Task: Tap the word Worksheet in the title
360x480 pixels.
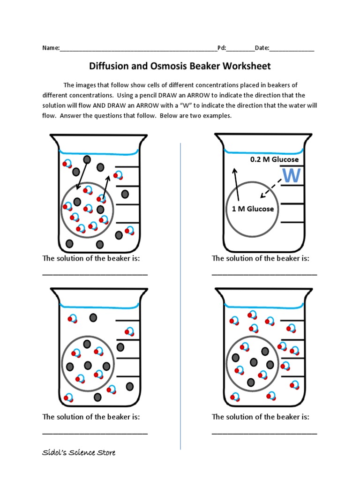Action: point(247,66)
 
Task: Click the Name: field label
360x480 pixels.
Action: point(51,48)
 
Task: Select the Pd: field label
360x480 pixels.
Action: point(222,48)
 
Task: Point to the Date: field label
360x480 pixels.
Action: point(262,48)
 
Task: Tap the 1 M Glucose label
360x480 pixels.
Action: point(253,209)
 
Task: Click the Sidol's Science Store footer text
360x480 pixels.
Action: point(79,452)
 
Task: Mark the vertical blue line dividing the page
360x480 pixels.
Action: point(181,295)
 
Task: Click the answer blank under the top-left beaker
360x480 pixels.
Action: point(95,274)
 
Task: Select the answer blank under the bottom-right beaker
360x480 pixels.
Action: point(264,432)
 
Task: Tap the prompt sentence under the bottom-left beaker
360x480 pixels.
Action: point(91,417)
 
